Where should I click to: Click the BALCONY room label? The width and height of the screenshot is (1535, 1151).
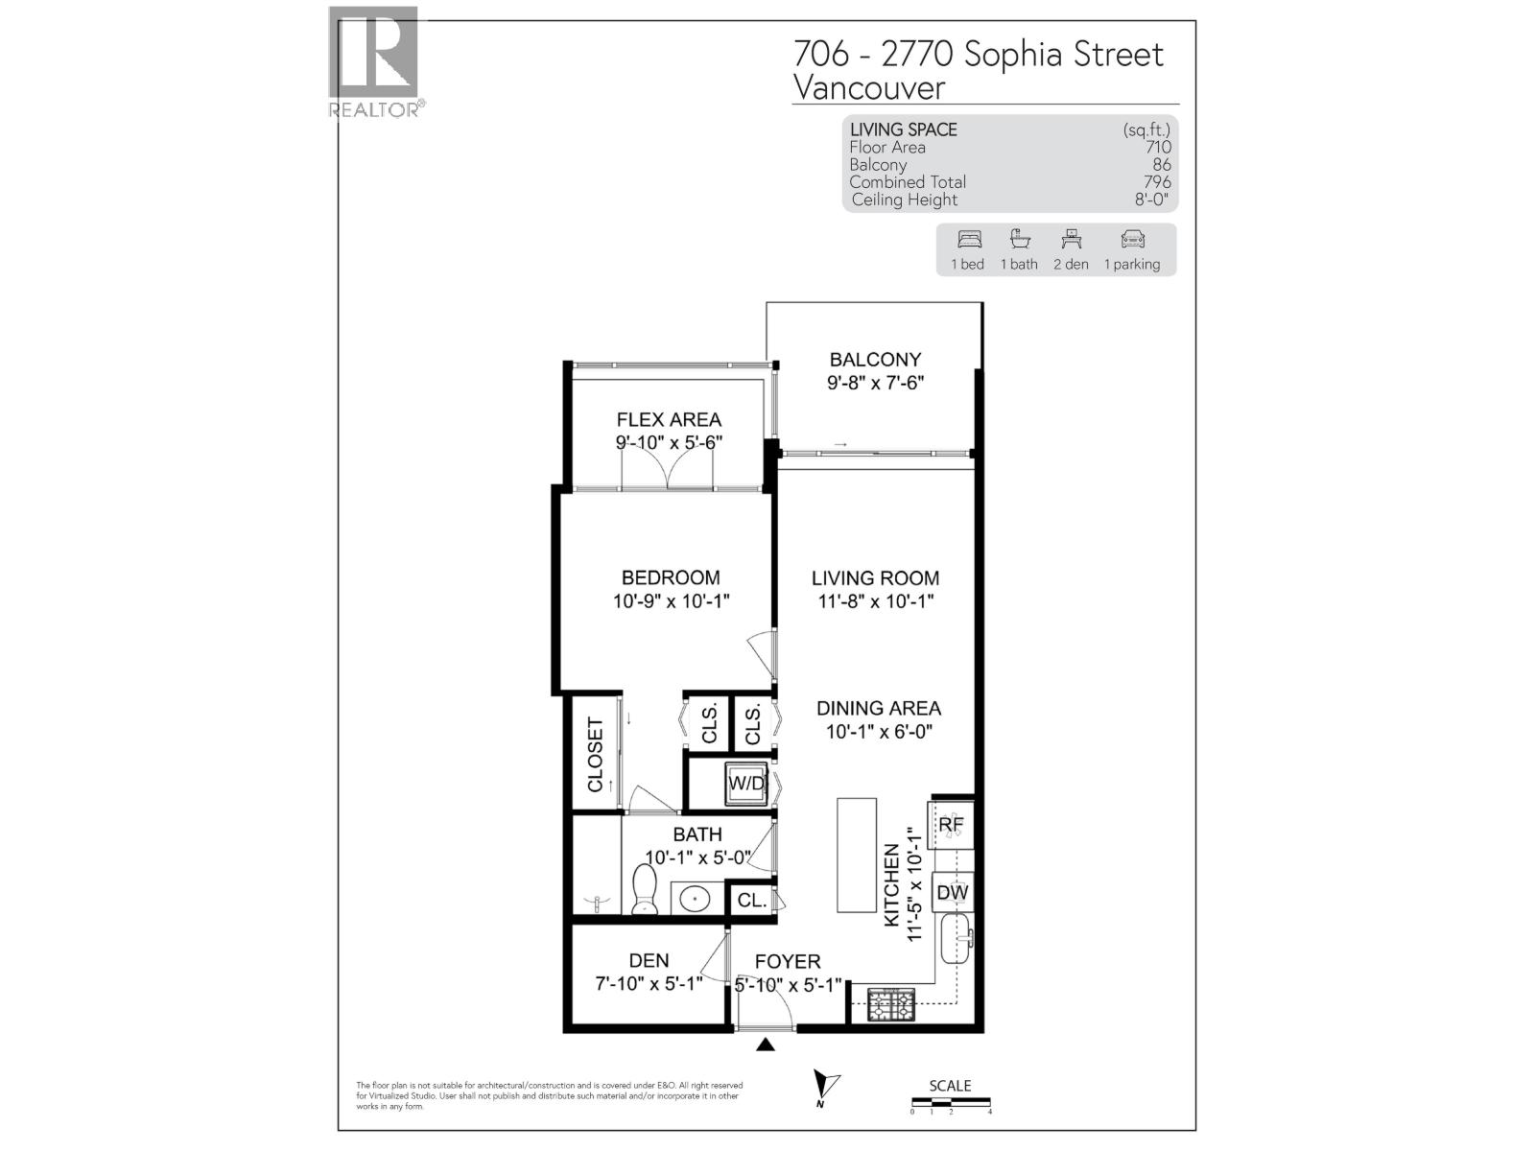tap(875, 360)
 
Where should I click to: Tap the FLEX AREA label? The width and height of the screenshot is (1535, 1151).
tap(669, 419)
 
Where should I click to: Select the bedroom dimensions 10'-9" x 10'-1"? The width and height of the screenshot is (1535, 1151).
tap(672, 601)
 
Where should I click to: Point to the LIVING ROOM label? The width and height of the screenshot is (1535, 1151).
tap(875, 577)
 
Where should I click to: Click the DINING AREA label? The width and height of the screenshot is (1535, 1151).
tap(879, 708)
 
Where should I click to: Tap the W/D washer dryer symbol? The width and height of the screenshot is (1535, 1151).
tap(746, 784)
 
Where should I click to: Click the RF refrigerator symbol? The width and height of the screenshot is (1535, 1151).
tap(950, 825)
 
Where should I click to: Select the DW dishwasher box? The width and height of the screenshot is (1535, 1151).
tap(952, 893)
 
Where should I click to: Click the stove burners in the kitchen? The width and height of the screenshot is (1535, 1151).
tap(891, 1005)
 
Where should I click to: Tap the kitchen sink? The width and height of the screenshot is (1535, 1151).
tap(956, 938)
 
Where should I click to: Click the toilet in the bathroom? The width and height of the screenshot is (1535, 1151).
tap(644, 889)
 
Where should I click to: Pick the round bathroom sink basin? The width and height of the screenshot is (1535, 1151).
tap(694, 900)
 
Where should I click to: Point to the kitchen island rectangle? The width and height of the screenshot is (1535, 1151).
tap(857, 855)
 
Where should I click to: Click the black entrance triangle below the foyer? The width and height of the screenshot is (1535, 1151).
tap(765, 1045)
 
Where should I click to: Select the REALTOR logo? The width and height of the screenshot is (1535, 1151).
tap(374, 62)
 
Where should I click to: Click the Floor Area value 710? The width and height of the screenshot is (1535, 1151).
tap(1158, 148)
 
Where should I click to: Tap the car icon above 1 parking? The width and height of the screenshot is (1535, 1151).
tap(1132, 240)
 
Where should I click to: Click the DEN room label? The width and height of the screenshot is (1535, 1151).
tap(649, 960)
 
